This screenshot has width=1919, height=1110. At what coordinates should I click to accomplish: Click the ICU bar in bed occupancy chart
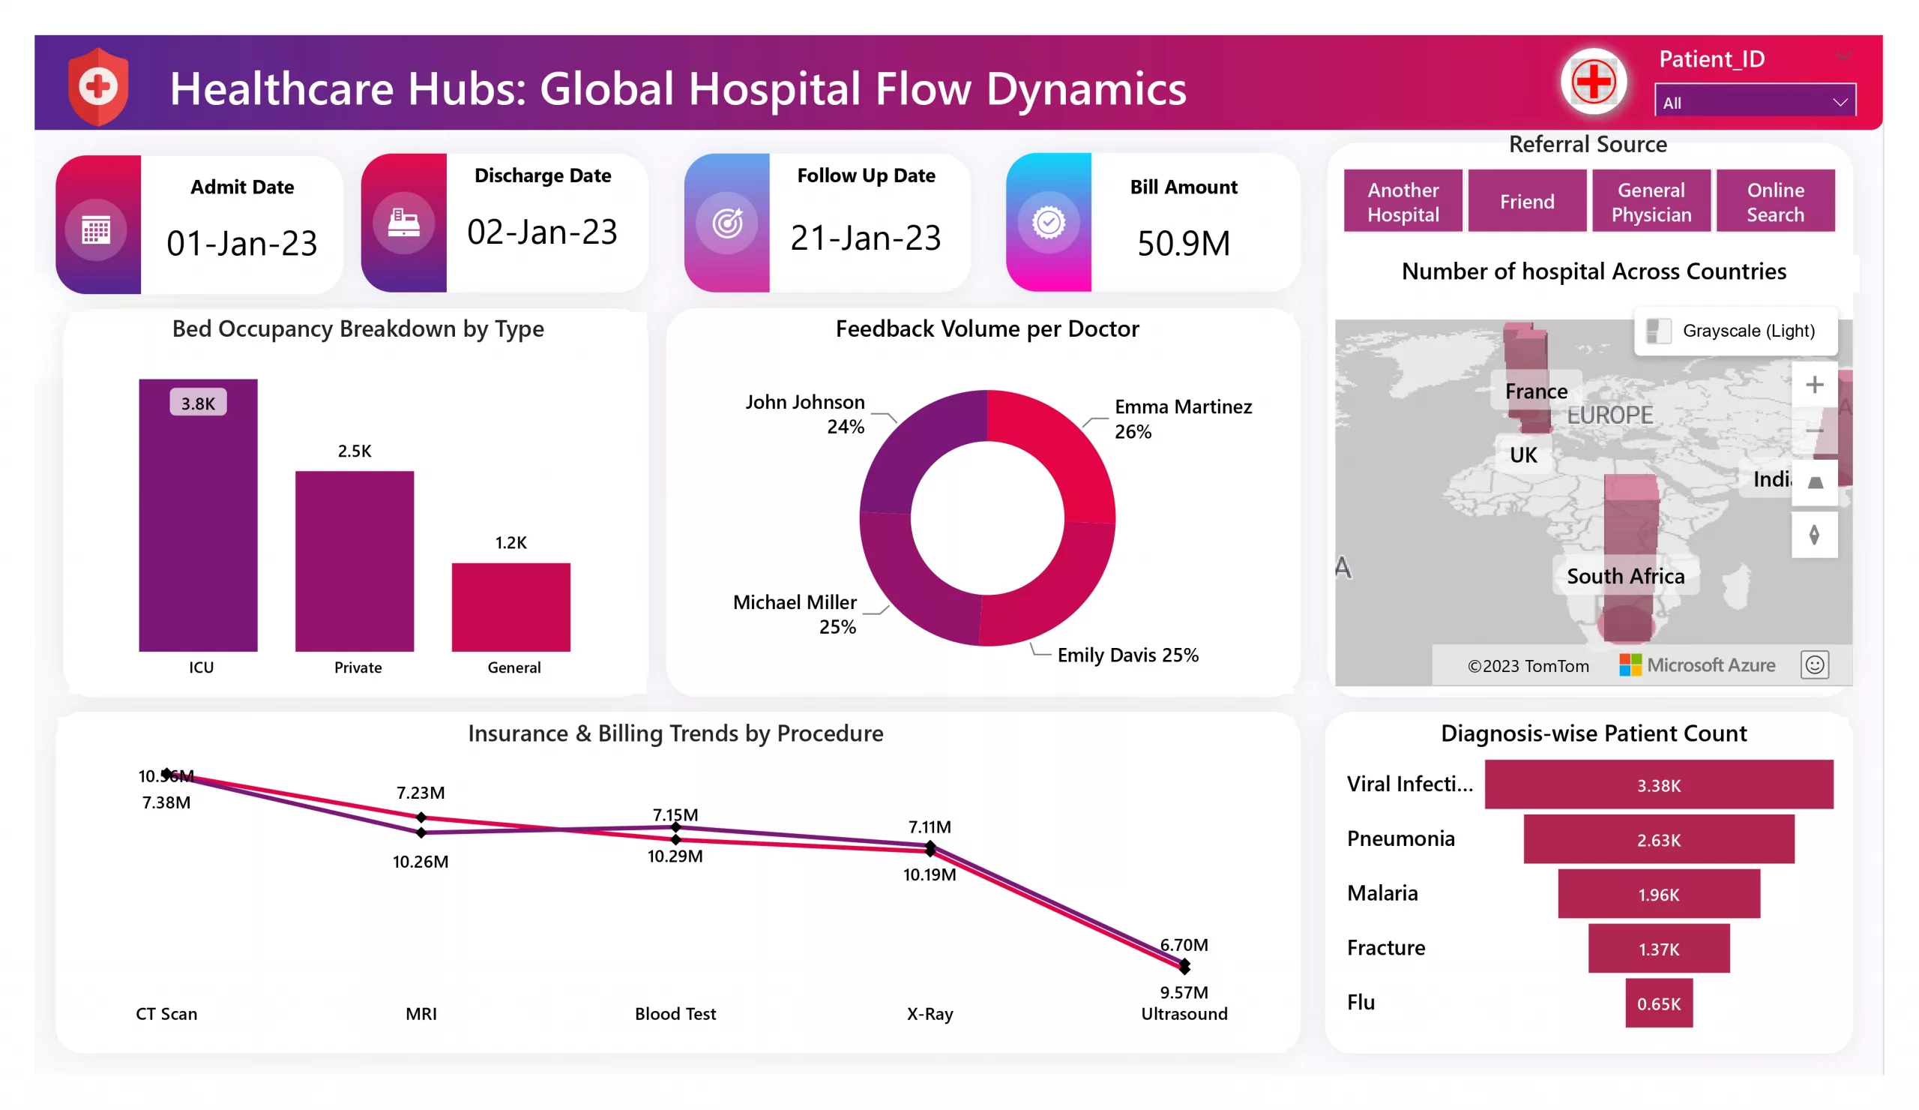(198, 526)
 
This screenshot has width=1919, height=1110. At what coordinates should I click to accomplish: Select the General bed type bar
(510, 607)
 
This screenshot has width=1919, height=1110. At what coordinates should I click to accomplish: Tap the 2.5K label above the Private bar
(354, 451)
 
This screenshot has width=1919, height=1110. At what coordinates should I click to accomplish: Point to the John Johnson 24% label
(805, 414)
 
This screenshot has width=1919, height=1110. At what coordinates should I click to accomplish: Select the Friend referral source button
(1526, 201)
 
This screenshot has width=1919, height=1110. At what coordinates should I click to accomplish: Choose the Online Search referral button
(1774, 201)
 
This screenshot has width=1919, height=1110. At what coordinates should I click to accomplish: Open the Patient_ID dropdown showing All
(1754, 102)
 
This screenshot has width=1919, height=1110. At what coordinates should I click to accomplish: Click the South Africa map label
(1625, 576)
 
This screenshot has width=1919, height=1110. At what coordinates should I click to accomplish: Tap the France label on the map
(1536, 391)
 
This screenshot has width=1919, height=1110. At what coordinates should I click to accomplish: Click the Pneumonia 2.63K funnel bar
(1658, 839)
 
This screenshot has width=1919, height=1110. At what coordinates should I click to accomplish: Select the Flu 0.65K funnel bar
(1658, 1003)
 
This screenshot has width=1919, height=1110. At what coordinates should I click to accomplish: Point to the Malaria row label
(1382, 893)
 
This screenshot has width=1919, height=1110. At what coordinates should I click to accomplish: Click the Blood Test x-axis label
(675, 1013)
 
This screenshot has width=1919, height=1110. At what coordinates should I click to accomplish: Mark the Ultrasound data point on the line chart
(1184, 966)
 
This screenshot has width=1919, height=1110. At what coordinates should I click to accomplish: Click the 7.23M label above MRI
(421, 792)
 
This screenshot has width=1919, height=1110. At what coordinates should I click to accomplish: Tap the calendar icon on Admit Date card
(96, 229)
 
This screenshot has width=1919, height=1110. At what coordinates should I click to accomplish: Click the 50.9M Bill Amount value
(1183, 244)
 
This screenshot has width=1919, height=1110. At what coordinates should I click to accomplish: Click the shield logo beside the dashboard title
(97, 87)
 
